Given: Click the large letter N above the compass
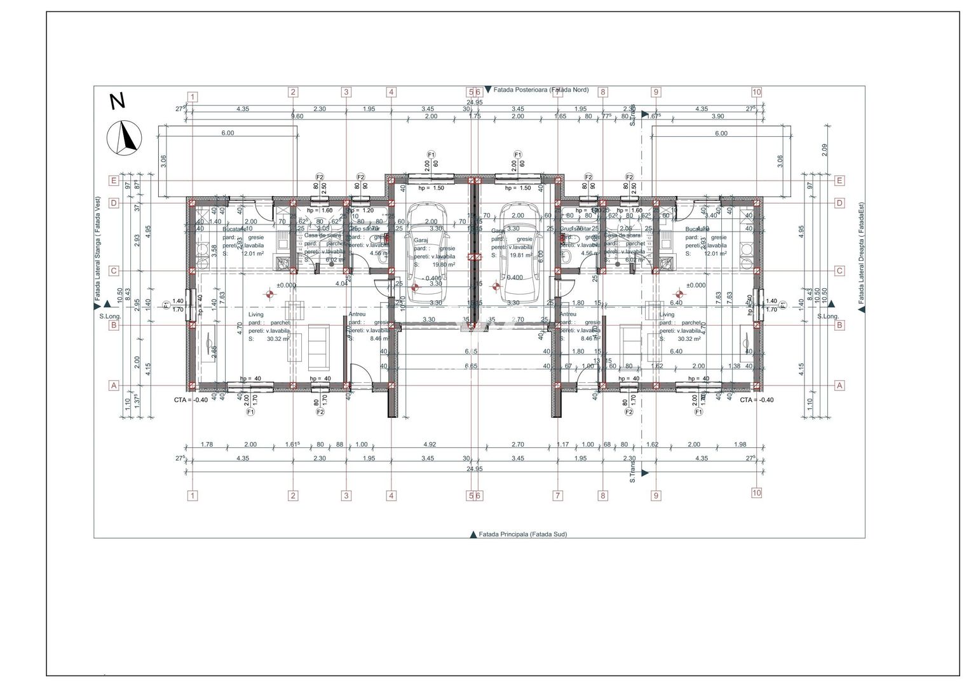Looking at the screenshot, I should [118, 101].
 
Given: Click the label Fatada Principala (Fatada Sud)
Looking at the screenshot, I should [522, 534].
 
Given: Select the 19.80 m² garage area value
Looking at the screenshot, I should [444, 265].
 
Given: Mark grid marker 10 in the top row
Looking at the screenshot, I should [756, 92].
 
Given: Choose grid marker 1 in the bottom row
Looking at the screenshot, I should [193, 495].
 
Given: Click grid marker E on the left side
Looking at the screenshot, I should [114, 181].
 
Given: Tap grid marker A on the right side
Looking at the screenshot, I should [839, 385].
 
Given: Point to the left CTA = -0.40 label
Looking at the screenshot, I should [191, 400].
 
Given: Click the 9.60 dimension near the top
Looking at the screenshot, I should [297, 116].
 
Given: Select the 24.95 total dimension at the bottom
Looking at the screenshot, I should [474, 469].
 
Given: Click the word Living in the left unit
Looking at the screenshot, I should [255, 315].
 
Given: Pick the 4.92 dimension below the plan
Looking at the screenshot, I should [430, 445].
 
